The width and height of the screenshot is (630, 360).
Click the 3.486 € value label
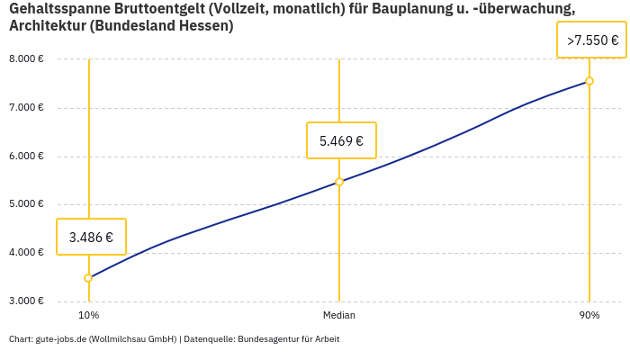coord(91,238)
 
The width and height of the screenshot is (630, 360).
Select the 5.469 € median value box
coord(341,140)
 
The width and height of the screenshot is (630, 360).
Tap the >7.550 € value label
coord(592,40)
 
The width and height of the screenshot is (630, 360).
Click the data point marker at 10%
coord(88,278)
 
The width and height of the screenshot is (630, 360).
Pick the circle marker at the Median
coord(339,182)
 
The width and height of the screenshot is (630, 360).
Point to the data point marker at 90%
coord(589,81)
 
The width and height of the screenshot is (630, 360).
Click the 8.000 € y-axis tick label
coord(26,59)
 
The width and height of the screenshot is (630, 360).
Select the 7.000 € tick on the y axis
coord(26,108)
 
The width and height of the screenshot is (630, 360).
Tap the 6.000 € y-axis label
coord(26,156)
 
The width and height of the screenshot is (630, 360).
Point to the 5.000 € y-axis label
coord(26,204)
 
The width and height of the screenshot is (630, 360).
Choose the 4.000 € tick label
coord(26,252)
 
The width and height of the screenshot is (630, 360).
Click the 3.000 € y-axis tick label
coord(26,301)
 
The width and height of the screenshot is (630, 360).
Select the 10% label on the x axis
coord(88,316)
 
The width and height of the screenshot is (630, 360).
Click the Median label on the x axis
coord(339,316)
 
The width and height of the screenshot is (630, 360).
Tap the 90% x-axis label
coord(589,316)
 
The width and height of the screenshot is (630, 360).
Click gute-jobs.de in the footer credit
coord(60,339)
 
